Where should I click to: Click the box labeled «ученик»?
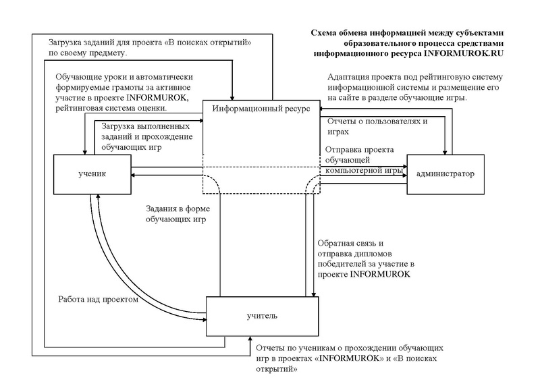(92, 174)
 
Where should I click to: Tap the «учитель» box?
(261, 315)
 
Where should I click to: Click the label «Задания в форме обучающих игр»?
(175, 215)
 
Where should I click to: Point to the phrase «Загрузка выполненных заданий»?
(144, 132)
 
